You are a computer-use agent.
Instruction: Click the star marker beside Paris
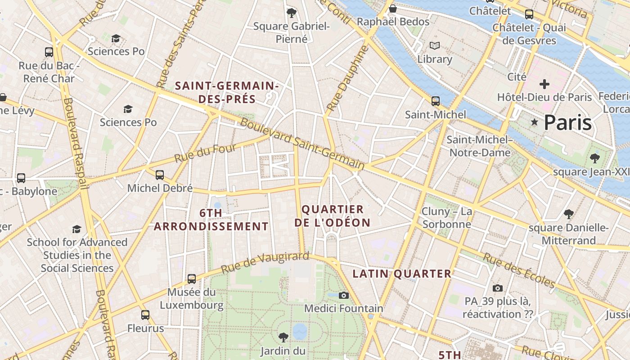pos(535,122)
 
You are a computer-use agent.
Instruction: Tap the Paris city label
pos(567,122)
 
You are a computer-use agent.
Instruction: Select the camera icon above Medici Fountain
pos(344,295)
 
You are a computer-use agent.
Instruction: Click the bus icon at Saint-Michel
pos(435,101)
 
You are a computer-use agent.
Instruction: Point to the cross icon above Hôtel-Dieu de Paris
pos(544,84)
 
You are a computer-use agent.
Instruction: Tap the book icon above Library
pos(434,46)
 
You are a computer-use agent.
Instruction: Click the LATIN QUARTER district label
pos(402,274)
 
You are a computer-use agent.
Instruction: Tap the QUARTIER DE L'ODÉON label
pos(333,216)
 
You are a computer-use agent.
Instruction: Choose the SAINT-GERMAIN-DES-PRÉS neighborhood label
pos(227,92)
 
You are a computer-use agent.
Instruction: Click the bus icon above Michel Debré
pos(160,175)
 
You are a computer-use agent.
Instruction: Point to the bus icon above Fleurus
pos(145,315)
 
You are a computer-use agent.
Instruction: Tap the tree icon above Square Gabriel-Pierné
pos(292,13)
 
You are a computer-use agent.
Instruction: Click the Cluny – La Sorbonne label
pos(447,218)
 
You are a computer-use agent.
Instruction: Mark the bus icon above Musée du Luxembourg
pos(192,279)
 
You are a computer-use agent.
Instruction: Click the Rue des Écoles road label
pos(519,270)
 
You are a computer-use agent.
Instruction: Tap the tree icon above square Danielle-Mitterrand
pos(568,214)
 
